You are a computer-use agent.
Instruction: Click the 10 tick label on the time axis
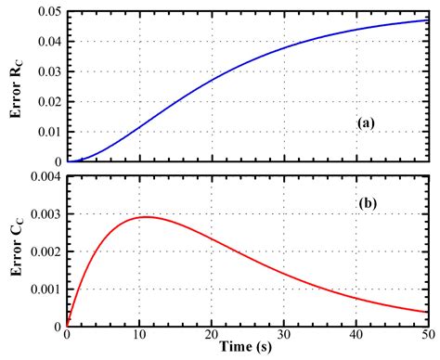(138, 337)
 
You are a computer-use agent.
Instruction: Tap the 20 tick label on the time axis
(211, 337)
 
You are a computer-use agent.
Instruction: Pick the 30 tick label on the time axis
(283, 337)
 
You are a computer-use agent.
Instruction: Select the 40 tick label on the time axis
(356, 337)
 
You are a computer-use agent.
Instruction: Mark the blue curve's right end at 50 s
(428, 19)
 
